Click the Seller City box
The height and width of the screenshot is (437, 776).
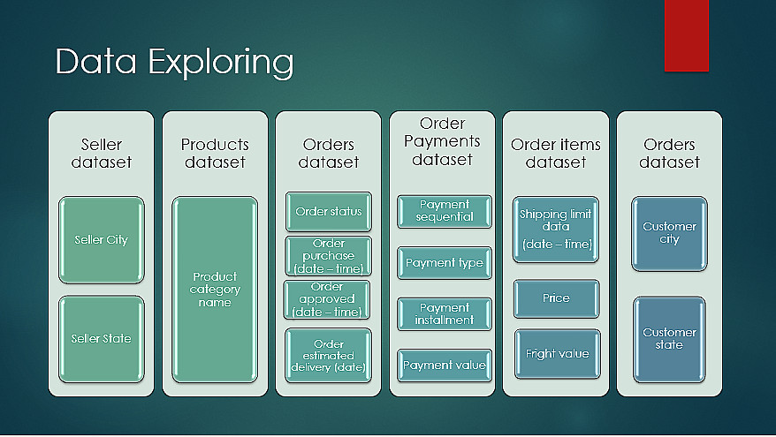[102, 240]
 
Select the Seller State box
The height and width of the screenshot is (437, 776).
[102, 339]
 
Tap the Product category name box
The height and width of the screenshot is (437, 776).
[215, 290]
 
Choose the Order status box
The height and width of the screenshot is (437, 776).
[329, 212]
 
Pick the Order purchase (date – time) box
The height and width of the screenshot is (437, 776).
[329, 256]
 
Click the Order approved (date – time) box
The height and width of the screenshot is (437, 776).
[327, 299]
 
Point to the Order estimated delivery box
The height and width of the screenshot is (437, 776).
[329, 356]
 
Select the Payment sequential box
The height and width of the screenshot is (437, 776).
[445, 211]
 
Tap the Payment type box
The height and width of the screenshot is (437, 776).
[445, 263]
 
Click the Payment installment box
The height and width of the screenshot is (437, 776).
[445, 314]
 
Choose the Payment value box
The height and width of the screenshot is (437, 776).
[445, 365]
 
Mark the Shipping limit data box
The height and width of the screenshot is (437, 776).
[556, 230]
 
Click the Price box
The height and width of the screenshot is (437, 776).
[556, 298]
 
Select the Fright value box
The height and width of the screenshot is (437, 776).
[558, 354]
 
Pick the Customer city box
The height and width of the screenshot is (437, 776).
[669, 234]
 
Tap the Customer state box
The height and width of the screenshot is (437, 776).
[669, 339]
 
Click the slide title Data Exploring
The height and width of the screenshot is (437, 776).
[174, 63]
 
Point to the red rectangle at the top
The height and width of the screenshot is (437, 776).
[687, 35]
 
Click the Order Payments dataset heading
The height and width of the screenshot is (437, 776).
[442, 141]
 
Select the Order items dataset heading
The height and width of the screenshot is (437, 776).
[556, 154]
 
